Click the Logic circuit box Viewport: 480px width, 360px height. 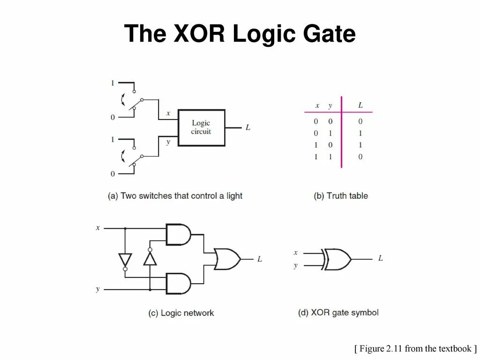[x=202, y=127]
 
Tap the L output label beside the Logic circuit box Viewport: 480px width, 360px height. [x=248, y=127]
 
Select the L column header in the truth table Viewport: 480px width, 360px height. [x=360, y=105]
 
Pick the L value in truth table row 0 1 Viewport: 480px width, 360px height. [x=360, y=133]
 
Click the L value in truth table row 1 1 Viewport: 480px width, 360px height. [x=360, y=157]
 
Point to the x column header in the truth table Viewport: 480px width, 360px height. [x=317, y=105]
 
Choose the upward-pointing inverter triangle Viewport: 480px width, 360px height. [x=150, y=257]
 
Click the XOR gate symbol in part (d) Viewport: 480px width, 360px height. [x=337, y=259]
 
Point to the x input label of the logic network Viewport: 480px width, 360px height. [x=98, y=228]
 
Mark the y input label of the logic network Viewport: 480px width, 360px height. [x=98, y=289]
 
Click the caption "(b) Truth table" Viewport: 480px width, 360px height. [x=341, y=196]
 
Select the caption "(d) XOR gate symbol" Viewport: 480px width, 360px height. [x=338, y=313]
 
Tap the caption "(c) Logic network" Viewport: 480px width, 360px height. [x=181, y=313]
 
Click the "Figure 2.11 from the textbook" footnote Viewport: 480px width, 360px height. [x=415, y=348]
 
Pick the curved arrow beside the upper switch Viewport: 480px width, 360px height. [x=123, y=99]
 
